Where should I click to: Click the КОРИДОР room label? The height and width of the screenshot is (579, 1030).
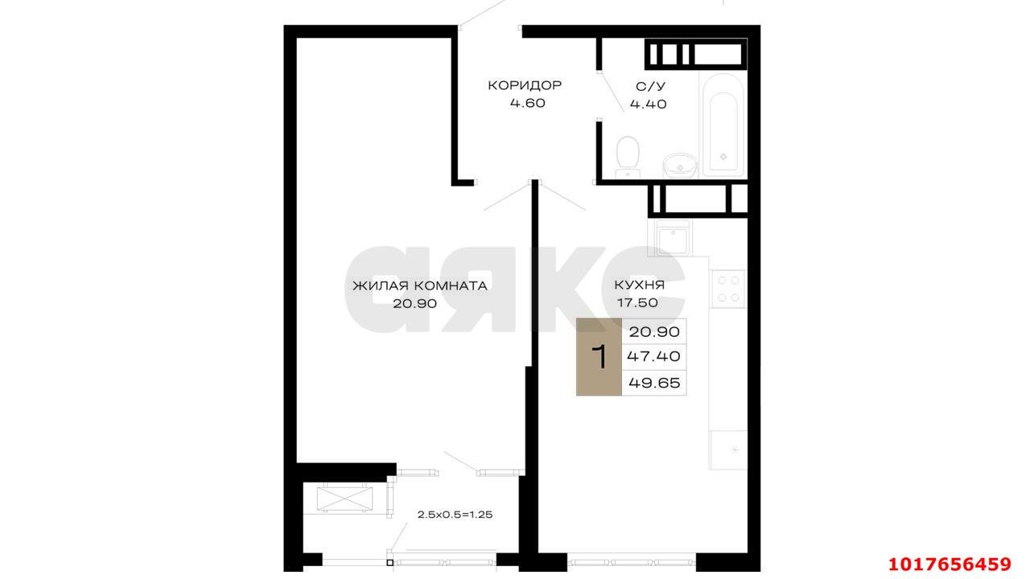[525, 85]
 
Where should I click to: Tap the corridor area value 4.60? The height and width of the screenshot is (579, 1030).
[527, 103]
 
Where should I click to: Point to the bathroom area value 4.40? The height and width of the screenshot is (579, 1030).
[649, 105]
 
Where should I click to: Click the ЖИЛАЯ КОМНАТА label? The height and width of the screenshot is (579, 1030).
[420, 285]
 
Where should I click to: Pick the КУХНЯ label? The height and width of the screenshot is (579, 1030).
[640, 285]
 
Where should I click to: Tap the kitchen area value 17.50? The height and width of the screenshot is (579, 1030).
[637, 303]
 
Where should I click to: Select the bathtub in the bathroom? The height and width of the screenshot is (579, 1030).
[723, 124]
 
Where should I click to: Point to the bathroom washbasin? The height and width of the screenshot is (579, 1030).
[680, 166]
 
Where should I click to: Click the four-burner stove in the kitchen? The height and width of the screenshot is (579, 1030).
[728, 289]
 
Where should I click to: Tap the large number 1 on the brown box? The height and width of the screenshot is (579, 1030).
[599, 357]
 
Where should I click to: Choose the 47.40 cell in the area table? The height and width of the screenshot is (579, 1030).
[654, 356]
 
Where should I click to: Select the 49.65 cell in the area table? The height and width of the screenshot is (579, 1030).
[654, 382]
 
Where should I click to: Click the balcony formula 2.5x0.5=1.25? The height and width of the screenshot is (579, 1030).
[455, 515]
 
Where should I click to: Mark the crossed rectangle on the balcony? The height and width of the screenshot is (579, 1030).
[345, 499]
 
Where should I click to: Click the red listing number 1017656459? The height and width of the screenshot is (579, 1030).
[950, 564]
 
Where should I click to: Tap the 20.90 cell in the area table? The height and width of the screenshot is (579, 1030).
[654, 331]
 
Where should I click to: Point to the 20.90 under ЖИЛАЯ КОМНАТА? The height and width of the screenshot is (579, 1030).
[414, 304]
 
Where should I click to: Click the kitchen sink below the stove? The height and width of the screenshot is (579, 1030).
[728, 450]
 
